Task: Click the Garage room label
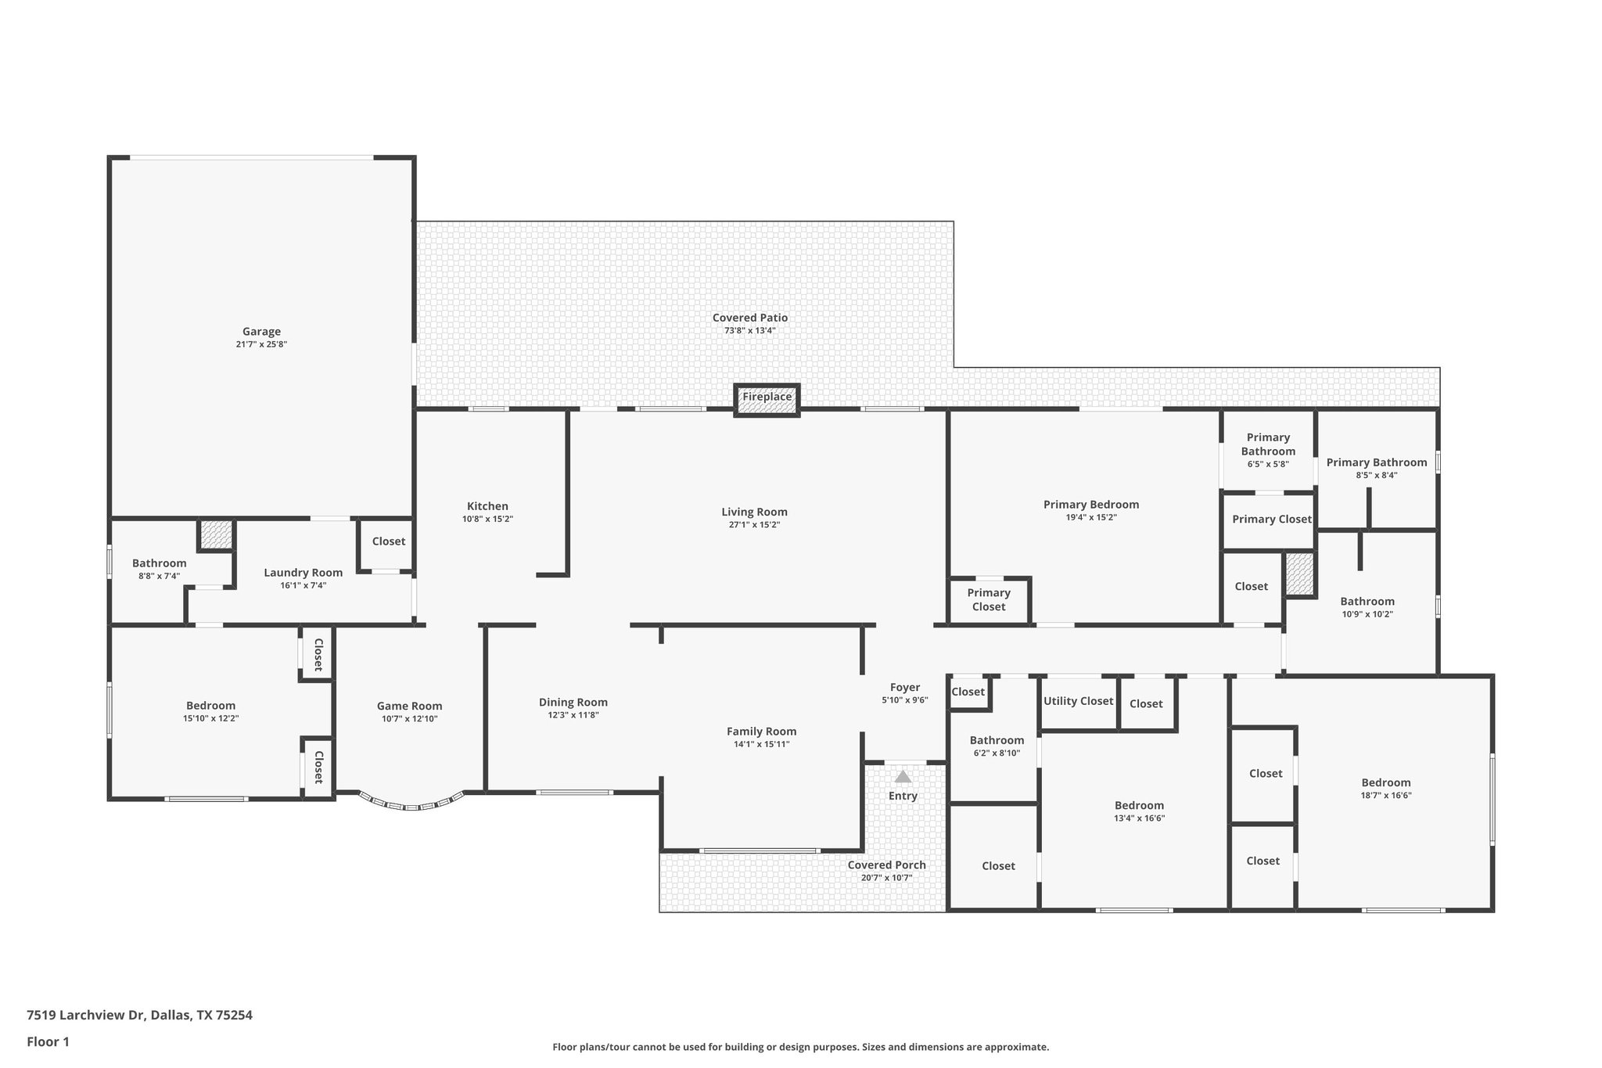click(x=261, y=332)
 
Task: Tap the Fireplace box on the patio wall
click(x=767, y=397)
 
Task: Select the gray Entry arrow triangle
click(x=903, y=777)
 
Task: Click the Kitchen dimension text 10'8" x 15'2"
click(x=487, y=520)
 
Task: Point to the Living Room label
click(x=754, y=512)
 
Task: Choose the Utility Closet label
click(x=1078, y=701)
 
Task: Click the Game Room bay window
click(x=411, y=804)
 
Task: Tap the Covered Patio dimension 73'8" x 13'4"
click(x=749, y=331)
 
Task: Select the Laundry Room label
click(x=303, y=573)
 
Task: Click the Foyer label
click(x=904, y=688)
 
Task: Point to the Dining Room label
click(x=573, y=703)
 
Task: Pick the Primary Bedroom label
click(x=1090, y=505)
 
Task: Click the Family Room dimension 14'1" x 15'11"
click(x=761, y=745)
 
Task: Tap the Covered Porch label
click(x=886, y=865)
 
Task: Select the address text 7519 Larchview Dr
click(x=86, y=1016)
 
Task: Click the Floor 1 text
click(x=48, y=1042)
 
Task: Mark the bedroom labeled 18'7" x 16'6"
click(x=1385, y=782)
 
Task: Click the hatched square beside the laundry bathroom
click(x=215, y=535)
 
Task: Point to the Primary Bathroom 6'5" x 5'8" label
click(x=1267, y=444)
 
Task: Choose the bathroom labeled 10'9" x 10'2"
click(x=1367, y=602)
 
